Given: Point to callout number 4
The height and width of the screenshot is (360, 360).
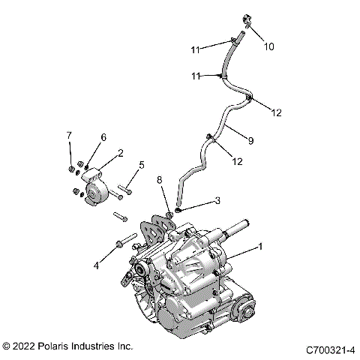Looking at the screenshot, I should pyautogui.click(x=97, y=265).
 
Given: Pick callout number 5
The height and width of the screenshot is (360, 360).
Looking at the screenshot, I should pyautogui.click(x=140, y=165).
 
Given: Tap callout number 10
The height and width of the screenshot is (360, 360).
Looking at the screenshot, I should pyautogui.click(x=268, y=46).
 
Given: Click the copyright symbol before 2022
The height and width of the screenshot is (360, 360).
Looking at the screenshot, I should pyautogui.click(x=7, y=346).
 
